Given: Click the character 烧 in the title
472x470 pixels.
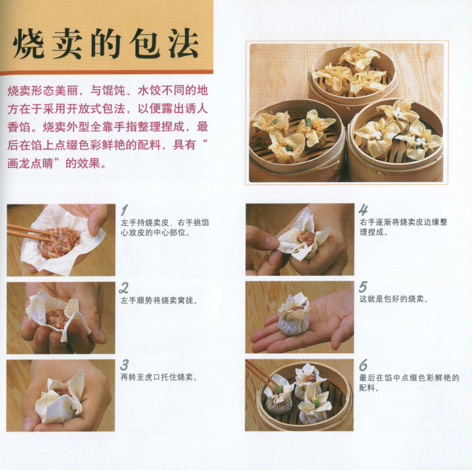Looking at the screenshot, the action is [29, 44].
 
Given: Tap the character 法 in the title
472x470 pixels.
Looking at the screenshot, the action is [183, 44].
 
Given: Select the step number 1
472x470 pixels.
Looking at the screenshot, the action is [124, 210].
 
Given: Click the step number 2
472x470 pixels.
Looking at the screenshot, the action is [123, 287].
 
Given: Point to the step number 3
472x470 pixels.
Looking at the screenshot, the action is [124, 365].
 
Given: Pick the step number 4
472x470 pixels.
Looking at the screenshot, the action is [363, 210].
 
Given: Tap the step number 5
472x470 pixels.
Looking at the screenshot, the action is [363, 287].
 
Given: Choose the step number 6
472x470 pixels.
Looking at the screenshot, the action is [363, 365].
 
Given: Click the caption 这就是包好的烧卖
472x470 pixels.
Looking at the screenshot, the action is [393, 299].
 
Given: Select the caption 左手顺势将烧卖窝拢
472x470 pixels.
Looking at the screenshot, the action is [158, 300].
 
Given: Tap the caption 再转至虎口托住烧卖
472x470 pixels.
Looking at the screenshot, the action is [158, 377].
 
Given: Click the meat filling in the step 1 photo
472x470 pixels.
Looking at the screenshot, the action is [59, 242].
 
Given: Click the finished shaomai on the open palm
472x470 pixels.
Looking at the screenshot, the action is [294, 315].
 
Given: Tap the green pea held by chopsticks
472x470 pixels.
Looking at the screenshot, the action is [277, 390].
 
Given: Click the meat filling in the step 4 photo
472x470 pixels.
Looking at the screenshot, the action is [306, 237].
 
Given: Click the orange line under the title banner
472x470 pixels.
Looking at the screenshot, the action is [107, 72].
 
